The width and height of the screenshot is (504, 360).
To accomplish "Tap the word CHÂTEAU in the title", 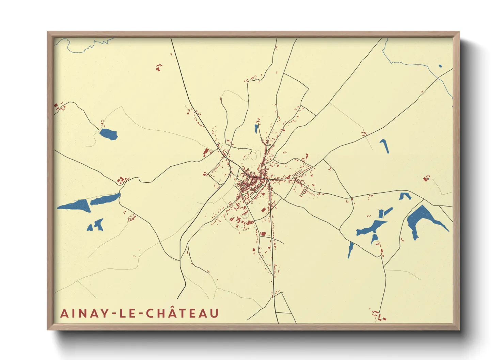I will pyautogui.click(x=183, y=313).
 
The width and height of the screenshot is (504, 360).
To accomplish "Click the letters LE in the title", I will pyautogui.click(x=127, y=313).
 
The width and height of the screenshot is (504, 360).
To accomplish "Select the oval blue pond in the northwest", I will pyautogui.click(x=109, y=134).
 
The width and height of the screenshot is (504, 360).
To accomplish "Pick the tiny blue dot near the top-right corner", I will pyautogui.click(x=440, y=66).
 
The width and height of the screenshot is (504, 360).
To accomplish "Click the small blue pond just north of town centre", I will pyautogui.click(x=256, y=129).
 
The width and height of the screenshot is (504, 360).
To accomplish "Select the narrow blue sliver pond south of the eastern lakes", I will pyautogui.click(x=350, y=249).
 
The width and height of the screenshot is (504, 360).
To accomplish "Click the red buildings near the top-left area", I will pyautogui.click(x=158, y=68).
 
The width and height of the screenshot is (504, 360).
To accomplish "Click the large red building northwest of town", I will pyautogui.click(x=206, y=152).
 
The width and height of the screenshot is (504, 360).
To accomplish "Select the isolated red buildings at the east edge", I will pyautogui.click(x=426, y=178).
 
